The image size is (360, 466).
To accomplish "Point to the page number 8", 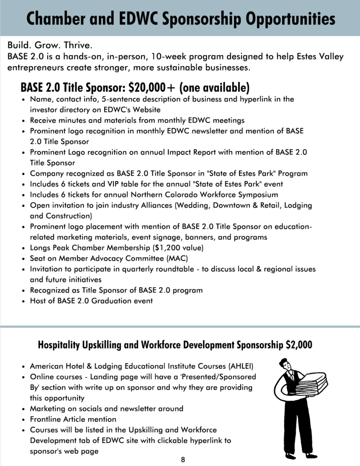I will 183,459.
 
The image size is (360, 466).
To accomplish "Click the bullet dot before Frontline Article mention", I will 23,419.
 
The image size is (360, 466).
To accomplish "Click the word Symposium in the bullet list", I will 256,195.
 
